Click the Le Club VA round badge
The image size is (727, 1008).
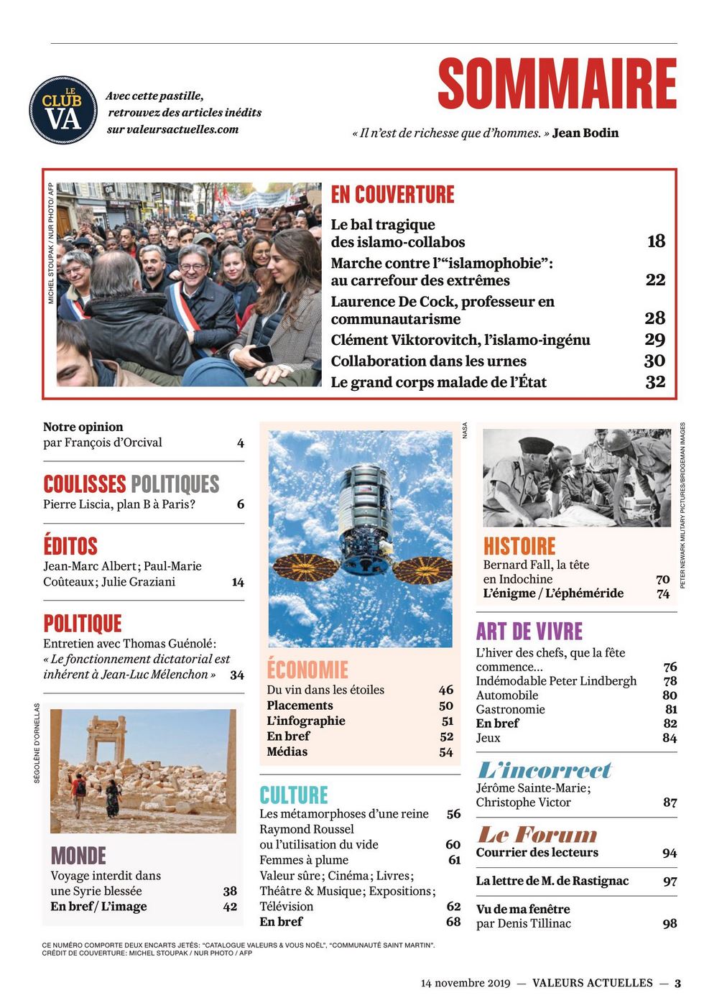[63, 110]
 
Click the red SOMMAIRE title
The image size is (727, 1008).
[557, 84]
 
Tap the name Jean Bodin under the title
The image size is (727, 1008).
[585, 133]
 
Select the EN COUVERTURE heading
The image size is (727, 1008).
[392, 195]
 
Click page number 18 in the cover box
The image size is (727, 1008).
[655, 241]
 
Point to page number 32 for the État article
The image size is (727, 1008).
[654, 382]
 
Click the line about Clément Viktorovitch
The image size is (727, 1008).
[460, 340]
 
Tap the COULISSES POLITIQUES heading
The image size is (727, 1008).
[131, 484]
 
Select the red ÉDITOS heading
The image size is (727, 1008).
[70, 546]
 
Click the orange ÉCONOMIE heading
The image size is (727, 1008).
[307, 670]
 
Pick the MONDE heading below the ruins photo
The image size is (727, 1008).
[78, 856]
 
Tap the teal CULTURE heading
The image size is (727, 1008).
[293, 795]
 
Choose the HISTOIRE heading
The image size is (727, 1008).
[519, 546]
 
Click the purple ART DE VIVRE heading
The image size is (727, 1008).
[529, 632]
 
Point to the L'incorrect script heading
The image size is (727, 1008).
[544, 770]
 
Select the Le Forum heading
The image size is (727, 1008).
[537, 834]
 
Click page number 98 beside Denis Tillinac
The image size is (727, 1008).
[670, 924]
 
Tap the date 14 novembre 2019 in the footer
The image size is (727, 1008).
[465, 983]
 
